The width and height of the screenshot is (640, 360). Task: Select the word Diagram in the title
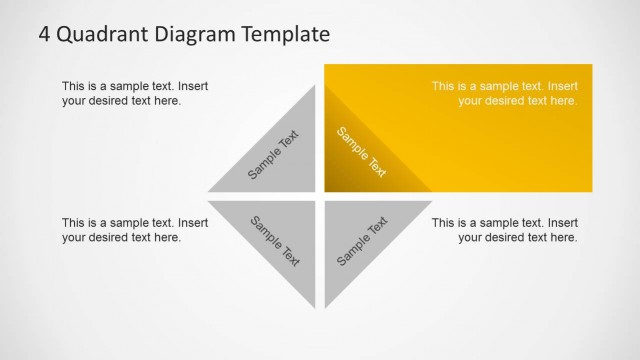pos(192,36)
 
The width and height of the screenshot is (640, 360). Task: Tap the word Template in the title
pos(284,35)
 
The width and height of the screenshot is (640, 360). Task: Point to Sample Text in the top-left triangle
pos(273,156)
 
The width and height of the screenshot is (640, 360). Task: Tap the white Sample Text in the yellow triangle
pos(361,152)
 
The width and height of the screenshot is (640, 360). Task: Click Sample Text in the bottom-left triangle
pos(275,240)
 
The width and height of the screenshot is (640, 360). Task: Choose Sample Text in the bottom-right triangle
pos(362,241)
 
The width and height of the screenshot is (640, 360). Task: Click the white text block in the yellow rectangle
pos(504,94)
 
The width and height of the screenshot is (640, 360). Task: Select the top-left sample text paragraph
pos(135,94)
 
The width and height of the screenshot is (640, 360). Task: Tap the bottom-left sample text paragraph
pos(135,230)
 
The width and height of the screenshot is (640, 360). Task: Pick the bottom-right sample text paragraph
pos(504,230)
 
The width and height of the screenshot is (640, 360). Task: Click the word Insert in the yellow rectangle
pos(562,87)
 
